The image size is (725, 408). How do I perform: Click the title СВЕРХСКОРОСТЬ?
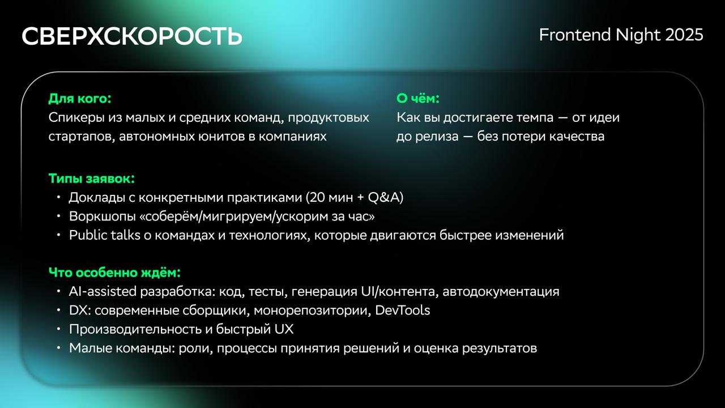tap(132, 36)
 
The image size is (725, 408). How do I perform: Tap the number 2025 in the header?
tap(684, 35)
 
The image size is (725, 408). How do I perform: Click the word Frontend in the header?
tap(575, 35)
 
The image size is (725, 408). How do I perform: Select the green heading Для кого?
tap(80, 99)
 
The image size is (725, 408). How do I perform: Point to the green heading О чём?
tap(418, 99)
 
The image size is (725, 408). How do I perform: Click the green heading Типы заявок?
tap(92, 178)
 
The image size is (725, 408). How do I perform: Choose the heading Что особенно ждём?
tap(114, 273)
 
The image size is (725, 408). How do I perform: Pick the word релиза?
tap(437, 137)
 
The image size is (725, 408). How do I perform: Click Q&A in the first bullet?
tap(384, 197)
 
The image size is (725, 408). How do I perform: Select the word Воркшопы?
tap(103, 216)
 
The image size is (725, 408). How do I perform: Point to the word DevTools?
tap(402, 310)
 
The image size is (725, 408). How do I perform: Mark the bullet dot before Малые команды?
tap(58, 348)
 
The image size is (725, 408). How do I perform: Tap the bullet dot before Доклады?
tap(58, 197)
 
